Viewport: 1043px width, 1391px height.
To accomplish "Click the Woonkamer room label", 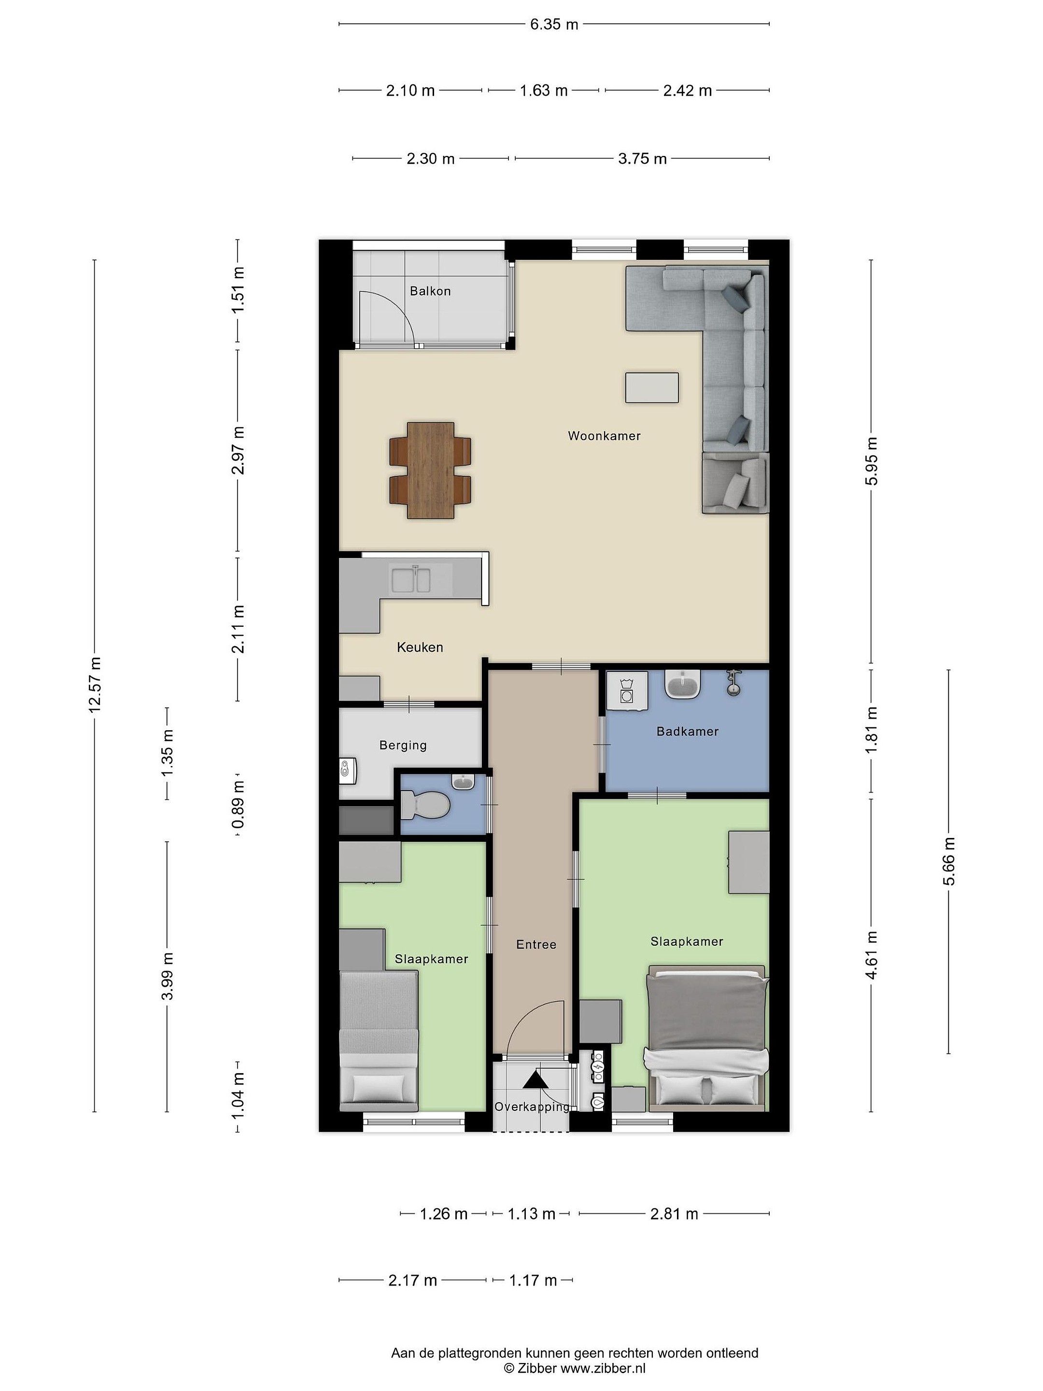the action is (x=604, y=436).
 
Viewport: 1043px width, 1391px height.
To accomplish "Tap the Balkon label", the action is (x=430, y=291).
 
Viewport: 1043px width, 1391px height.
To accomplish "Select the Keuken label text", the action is (x=420, y=647).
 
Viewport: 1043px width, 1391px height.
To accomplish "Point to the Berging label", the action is (x=403, y=745).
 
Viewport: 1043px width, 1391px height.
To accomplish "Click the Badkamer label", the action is (x=687, y=731).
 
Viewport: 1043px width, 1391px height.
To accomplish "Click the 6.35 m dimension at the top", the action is (x=554, y=25).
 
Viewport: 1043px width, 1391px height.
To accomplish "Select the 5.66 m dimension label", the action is (x=949, y=862).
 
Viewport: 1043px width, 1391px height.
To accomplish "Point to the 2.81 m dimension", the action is (x=674, y=1214).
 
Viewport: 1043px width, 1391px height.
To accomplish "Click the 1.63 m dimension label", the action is (x=543, y=90).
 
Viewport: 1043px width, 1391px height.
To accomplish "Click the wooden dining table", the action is (x=431, y=470).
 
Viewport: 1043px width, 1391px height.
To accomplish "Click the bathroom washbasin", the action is (x=683, y=684).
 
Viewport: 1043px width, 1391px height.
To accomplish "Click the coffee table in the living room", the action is (x=652, y=387).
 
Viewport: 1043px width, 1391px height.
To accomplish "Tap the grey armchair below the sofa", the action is (x=735, y=483).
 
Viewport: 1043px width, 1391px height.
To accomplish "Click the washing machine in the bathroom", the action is (x=627, y=691).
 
